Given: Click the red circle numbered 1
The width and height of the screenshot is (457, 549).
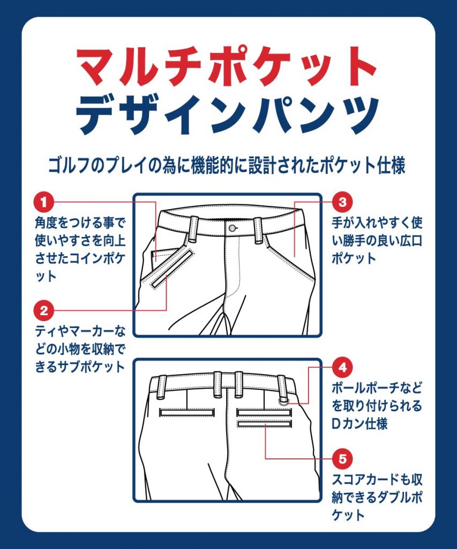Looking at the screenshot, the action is [x=44, y=202].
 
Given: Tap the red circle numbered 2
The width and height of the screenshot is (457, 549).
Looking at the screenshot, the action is [x=44, y=310].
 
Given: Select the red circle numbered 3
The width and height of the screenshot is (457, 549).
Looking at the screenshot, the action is [x=342, y=202].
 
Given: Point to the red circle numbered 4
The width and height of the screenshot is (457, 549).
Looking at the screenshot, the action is [x=342, y=367].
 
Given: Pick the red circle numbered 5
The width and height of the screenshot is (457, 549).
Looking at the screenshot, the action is [x=342, y=458].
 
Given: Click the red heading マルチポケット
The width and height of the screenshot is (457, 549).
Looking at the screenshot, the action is [x=227, y=67].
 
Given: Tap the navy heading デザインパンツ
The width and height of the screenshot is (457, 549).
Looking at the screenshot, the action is [x=228, y=115].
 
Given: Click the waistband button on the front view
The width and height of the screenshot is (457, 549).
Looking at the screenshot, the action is [x=231, y=228].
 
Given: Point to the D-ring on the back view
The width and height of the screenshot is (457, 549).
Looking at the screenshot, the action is [x=284, y=402].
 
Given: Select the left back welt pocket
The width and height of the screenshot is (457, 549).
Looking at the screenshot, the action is [x=186, y=412].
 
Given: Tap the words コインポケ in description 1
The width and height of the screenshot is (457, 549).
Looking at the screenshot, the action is [x=98, y=259].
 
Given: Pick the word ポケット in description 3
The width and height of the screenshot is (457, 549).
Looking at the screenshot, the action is [x=354, y=259].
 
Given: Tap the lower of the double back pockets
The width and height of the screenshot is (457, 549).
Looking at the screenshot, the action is [x=265, y=424].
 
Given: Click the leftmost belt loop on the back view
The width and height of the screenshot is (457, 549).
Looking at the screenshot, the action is [x=162, y=387].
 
